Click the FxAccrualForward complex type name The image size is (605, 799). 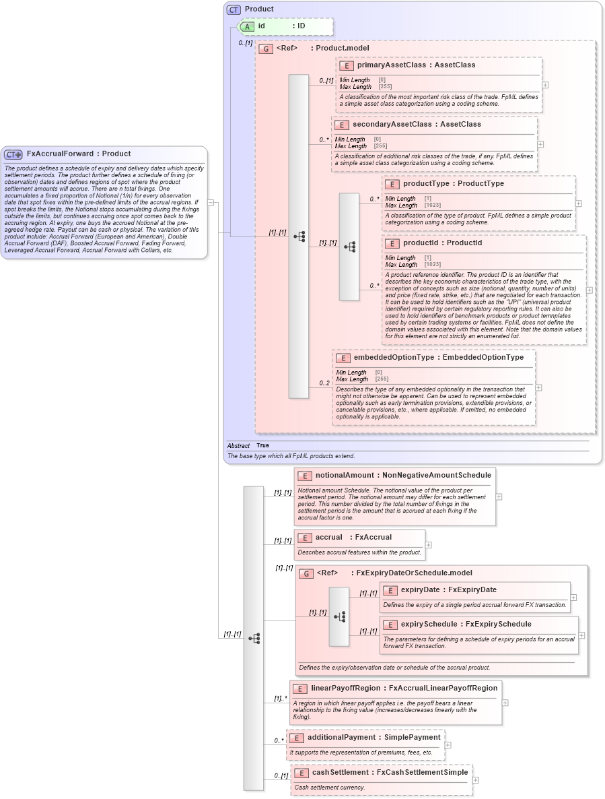[x=60, y=154]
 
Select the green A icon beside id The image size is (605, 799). [x=247, y=26]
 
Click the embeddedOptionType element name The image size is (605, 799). [x=393, y=358]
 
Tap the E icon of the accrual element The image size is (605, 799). [x=304, y=538]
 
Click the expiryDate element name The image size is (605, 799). [x=420, y=590]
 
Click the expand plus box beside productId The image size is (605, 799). [x=590, y=290]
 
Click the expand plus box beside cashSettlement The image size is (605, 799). [x=476, y=780]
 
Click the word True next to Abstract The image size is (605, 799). [x=262, y=446]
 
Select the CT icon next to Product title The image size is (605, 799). [x=234, y=9]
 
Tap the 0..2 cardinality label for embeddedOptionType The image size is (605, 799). [x=324, y=383]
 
